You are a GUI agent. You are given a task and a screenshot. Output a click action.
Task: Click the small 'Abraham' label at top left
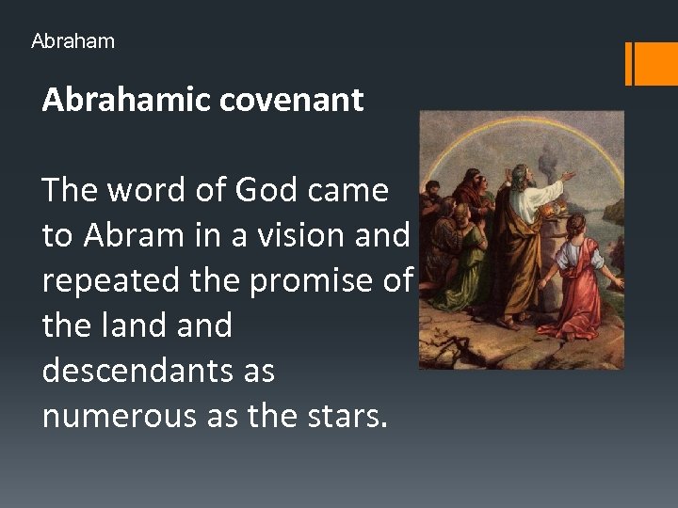73,41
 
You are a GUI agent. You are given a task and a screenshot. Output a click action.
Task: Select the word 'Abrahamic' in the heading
128,100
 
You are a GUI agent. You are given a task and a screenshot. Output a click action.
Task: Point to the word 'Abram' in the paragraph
127,235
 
